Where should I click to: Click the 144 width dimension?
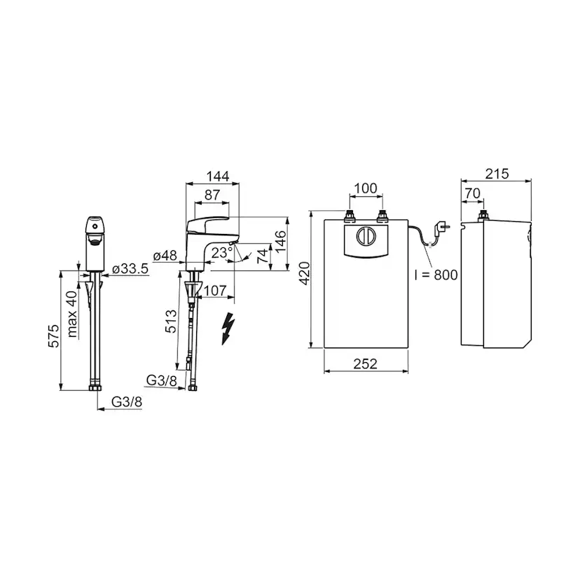tap(217, 176)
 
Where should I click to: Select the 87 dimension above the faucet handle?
tap(212, 195)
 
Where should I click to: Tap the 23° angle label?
tap(222, 253)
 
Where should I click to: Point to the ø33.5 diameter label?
tap(130, 269)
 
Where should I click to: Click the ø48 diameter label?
tap(165, 256)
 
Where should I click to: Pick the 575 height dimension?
tap(54, 336)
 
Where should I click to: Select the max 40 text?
tap(72, 314)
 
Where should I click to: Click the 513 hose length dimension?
tap(170, 321)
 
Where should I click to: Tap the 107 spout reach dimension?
tap(215, 291)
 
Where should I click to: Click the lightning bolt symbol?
tap(228, 329)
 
